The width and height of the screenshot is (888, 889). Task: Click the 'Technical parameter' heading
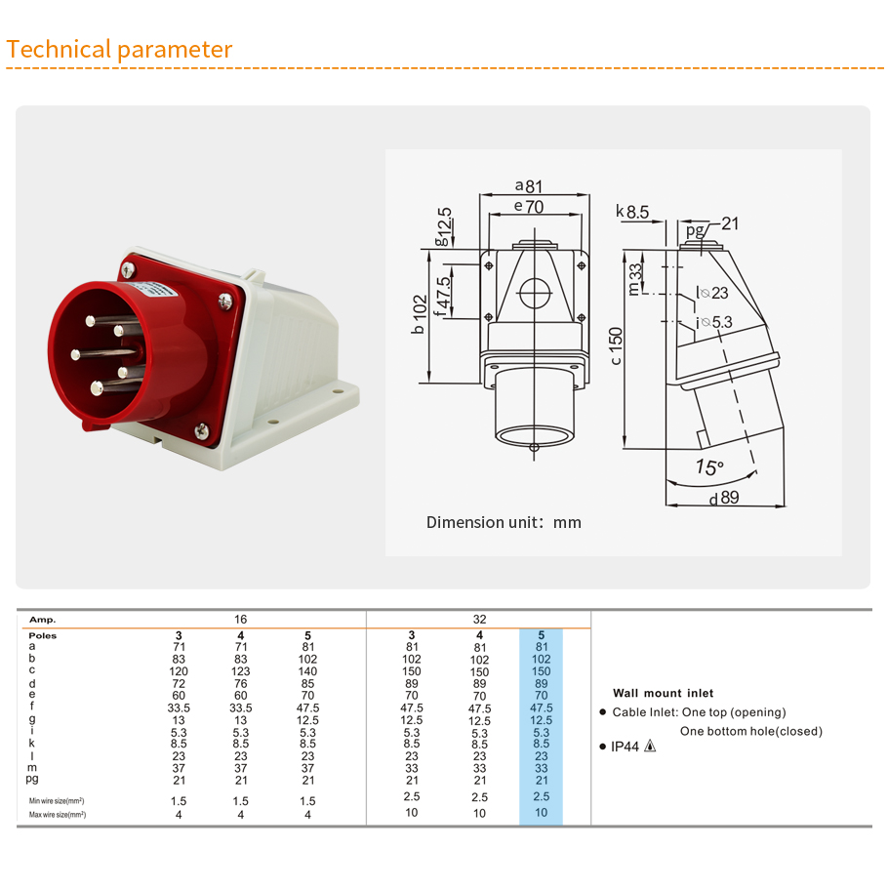click(x=119, y=50)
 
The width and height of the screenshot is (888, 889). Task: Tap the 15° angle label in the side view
click(x=709, y=467)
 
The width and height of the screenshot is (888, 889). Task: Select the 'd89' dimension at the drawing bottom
click(x=723, y=499)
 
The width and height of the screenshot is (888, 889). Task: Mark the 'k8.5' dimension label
click(x=632, y=211)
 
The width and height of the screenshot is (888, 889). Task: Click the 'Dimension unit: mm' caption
click(x=504, y=522)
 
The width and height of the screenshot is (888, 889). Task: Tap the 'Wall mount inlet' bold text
click(x=663, y=693)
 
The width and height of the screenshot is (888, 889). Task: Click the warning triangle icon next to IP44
click(x=650, y=747)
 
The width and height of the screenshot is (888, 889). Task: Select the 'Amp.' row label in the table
click(x=43, y=620)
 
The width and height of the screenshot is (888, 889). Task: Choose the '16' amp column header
click(x=241, y=620)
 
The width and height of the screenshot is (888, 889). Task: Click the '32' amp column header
click(x=479, y=620)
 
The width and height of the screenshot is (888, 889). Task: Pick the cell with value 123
click(x=241, y=671)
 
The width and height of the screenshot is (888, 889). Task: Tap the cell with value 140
click(x=308, y=671)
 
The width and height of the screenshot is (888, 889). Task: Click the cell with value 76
click(x=241, y=683)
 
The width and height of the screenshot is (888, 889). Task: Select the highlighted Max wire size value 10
click(x=542, y=812)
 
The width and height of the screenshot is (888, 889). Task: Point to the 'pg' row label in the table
click(x=33, y=779)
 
